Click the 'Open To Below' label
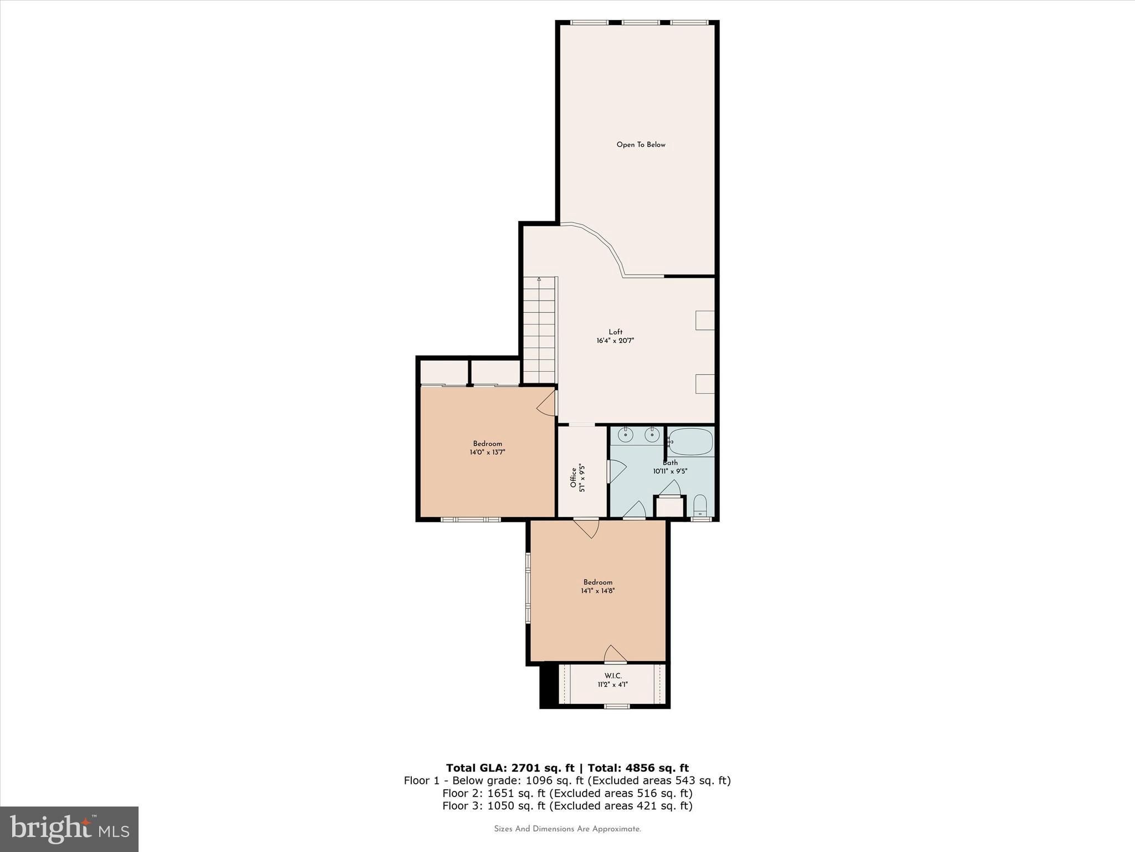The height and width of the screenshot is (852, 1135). (641, 145)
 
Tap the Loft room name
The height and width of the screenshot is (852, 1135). (615, 332)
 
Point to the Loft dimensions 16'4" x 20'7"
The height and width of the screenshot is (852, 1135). (615, 341)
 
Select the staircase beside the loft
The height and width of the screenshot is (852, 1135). (539, 330)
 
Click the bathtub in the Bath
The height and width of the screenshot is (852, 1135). (690, 442)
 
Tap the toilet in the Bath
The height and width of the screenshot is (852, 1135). (701, 505)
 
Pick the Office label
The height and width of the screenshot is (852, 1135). (574, 478)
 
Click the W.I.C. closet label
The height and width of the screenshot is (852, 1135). (613, 676)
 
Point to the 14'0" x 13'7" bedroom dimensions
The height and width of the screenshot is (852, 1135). (488, 452)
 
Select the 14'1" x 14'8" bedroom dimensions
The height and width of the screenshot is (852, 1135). (598, 591)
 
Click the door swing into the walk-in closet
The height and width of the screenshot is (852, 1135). (615, 653)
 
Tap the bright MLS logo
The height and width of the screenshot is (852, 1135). (69, 829)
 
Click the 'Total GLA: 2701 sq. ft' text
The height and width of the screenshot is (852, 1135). (510, 768)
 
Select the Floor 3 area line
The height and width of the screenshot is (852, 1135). (567, 806)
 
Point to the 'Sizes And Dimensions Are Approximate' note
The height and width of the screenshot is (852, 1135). (567, 829)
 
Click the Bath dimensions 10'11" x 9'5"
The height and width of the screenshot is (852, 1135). (670, 471)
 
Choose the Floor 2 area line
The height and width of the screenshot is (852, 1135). (567, 793)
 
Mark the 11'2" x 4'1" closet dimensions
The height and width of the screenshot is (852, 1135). (613, 684)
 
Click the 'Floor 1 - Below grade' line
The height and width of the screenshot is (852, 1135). (567, 780)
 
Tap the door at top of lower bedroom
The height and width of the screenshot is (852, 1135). (586, 528)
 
